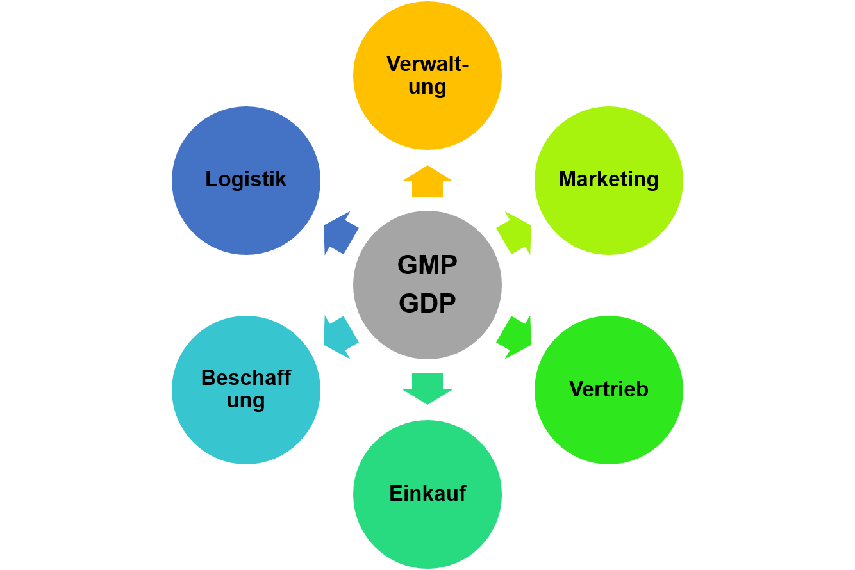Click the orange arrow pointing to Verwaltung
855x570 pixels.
[x=427, y=181]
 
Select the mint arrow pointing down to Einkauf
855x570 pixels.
[x=427, y=388]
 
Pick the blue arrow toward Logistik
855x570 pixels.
[x=340, y=232]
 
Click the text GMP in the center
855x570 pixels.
[x=427, y=265]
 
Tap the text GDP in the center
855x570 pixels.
[x=427, y=304]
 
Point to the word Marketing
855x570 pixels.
[x=609, y=179]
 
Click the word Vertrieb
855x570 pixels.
[x=609, y=389]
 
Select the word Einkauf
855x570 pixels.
[x=427, y=494]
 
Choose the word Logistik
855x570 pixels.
[x=246, y=179]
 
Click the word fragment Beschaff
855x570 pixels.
[x=246, y=378]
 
